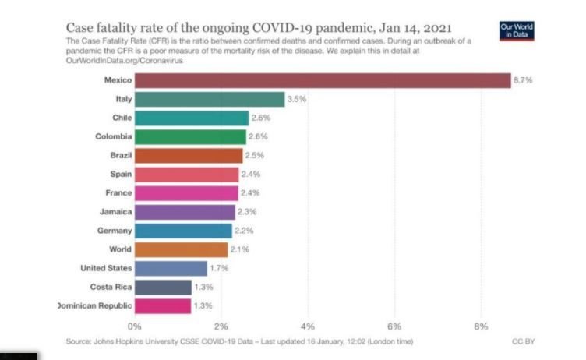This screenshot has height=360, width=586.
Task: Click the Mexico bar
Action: [x=323, y=80]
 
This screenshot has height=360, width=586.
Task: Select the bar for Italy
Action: [x=210, y=99]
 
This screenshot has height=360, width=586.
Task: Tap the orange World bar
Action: [x=181, y=249]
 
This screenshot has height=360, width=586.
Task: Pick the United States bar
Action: [x=171, y=268]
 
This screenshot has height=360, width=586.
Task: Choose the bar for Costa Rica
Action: [x=163, y=287]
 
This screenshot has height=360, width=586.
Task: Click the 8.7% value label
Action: [x=522, y=80]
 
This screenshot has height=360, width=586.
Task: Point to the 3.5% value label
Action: [x=296, y=99]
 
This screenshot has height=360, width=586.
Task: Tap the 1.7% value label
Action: [x=219, y=268]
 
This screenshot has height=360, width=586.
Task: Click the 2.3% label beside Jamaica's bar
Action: [x=246, y=212]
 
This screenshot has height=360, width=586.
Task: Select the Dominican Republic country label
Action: [x=94, y=305]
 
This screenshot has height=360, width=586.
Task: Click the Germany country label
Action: [x=113, y=231]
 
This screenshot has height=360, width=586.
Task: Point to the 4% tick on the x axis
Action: [x=308, y=326]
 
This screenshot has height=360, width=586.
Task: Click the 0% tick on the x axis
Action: [x=135, y=326]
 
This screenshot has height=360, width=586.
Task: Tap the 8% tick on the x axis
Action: [x=480, y=326]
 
